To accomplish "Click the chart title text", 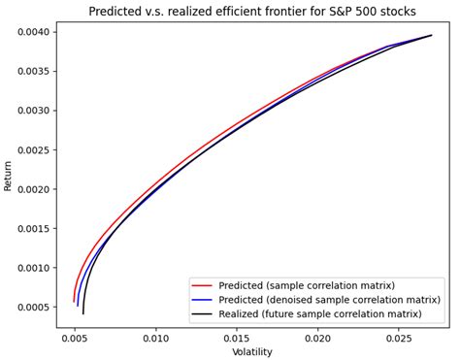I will [251, 12].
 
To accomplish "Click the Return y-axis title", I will [9, 175].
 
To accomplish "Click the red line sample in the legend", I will [202, 286].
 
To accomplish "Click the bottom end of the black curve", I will [83, 313].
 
